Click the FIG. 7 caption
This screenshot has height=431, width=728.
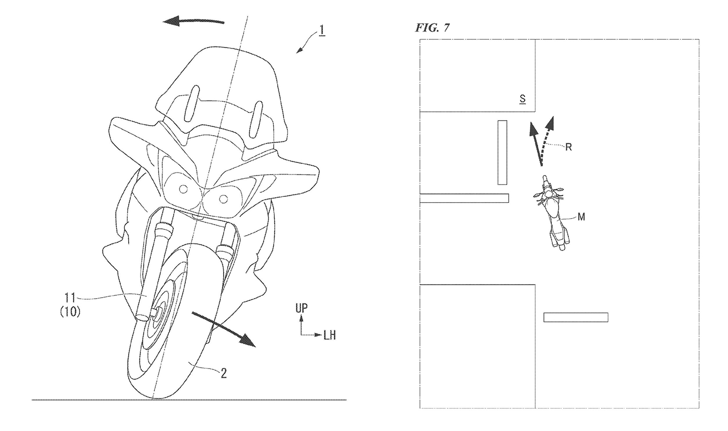432,28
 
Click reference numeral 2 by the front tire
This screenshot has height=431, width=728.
223,374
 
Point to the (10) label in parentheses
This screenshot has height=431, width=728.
70,313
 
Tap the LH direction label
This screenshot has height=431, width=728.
330,335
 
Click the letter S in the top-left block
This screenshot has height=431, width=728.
522,99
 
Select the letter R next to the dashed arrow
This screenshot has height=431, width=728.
568,147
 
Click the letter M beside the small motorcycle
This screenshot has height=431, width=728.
581,217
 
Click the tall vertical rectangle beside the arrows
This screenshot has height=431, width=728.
502,152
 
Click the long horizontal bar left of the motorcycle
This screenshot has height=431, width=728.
464,198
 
